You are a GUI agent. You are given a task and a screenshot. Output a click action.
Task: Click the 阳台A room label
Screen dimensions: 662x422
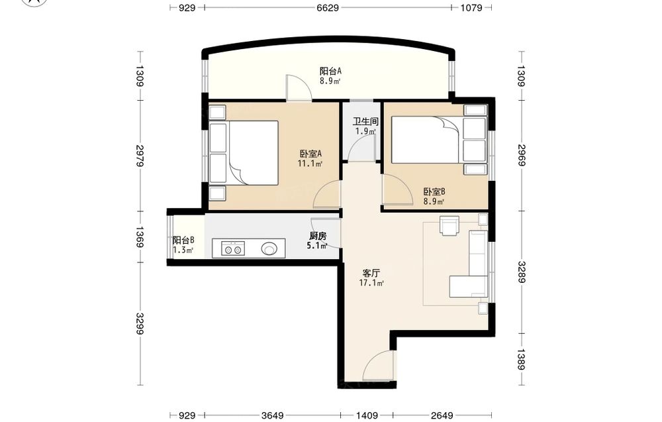[330, 71]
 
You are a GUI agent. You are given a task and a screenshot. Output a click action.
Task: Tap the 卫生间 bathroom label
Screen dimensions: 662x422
[365, 122]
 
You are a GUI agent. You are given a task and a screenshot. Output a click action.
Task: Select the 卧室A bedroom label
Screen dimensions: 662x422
[310, 154]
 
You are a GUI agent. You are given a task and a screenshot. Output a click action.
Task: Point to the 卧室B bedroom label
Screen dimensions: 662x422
[434, 191]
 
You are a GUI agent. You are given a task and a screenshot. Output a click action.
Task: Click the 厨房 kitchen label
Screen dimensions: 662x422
[318, 236]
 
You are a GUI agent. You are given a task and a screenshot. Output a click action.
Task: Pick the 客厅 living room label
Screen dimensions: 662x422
[371, 273]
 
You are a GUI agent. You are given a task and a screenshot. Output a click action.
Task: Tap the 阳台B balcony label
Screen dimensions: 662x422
[183, 240]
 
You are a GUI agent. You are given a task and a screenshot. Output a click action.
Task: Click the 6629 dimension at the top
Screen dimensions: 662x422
[328, 7]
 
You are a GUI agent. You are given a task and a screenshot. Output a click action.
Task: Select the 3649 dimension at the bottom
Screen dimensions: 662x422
[272, 415]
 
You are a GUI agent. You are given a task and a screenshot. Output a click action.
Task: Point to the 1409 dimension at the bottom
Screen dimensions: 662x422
[367, 415]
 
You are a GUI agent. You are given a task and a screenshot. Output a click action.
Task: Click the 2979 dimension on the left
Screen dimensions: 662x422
[140, 156]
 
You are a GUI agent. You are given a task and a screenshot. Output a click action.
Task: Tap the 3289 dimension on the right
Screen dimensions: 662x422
[522, 272]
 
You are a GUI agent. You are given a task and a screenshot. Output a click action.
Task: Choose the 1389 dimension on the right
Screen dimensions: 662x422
[522, 360]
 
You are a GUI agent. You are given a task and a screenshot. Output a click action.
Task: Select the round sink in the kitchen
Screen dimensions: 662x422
[269, 248]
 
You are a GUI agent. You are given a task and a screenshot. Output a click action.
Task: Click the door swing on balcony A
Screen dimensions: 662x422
[299, 87]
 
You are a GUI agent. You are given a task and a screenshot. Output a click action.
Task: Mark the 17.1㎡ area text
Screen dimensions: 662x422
[371, 283]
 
